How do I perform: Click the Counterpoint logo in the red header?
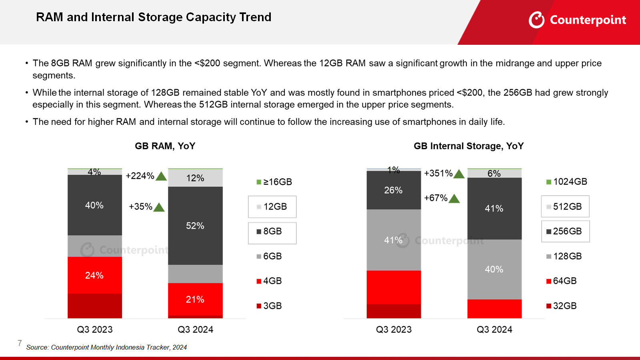(577, 20)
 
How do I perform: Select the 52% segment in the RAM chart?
(195, 226)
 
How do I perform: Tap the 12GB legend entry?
(272, 207)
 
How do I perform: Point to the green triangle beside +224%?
(161, 176)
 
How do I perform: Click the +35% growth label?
(140, 207)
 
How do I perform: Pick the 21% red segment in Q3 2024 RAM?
(195, 299)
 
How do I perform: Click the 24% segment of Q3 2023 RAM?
(94, 275)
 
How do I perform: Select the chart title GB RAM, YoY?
(165, 146)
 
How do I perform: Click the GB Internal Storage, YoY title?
(468, 146)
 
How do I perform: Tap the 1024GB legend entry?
(567, 182)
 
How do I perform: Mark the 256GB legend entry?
(565, 231)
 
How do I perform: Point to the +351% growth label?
(438, 173)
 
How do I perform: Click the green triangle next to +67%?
(454, 199)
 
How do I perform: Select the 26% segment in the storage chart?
(394, 190)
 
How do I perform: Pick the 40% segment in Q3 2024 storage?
(494, 269)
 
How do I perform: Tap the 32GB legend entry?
(562, 306)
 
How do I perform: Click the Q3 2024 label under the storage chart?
(494, 330)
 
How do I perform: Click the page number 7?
(20, 343)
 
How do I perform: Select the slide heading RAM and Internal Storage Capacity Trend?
(154, 17)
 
